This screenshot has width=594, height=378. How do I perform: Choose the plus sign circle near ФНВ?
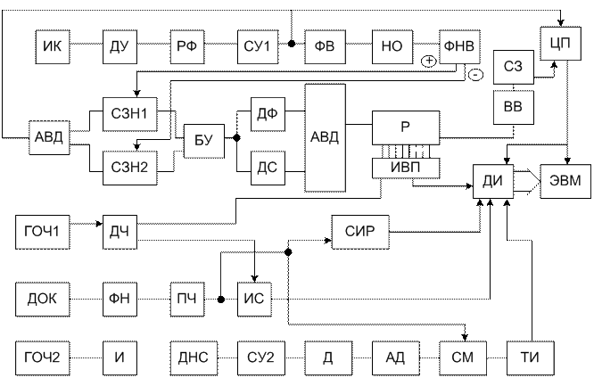pos(429,62)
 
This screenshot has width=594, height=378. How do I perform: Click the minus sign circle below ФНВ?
pos(475,76)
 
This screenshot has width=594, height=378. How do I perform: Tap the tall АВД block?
pos(325,136)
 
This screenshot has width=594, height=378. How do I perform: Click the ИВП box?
pos(406,168)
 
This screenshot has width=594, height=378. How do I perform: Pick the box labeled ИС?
pos(254,298)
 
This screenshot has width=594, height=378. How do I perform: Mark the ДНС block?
pos(194,357)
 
